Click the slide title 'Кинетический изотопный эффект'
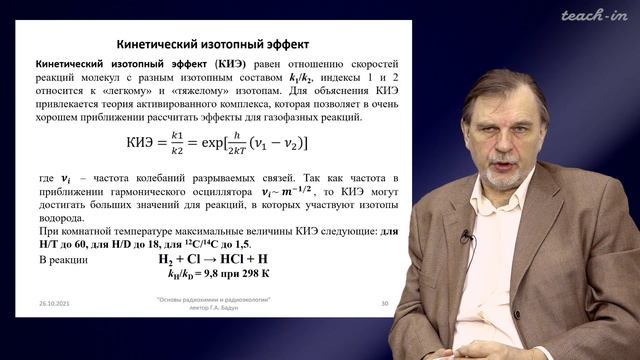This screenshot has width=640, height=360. [x=215, y=45]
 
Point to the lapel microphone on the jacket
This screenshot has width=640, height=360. [x=465, y=236]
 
